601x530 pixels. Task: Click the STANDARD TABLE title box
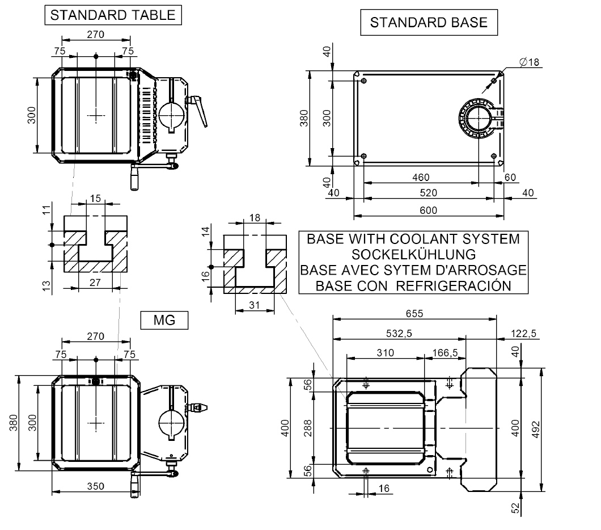point(113,16)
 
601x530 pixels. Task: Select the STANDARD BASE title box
point(428,23)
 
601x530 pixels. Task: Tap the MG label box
point(164,321)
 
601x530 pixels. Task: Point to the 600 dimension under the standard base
point(428,210)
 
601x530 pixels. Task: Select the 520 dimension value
point(428,193)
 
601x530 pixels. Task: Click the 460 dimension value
point(420,177)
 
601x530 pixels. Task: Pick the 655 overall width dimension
point(414,313)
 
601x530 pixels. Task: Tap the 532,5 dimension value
point(398,334)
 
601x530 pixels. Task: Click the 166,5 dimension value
point(445,352)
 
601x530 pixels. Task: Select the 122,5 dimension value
point(522,334)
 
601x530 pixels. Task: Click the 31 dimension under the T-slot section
point(255,305)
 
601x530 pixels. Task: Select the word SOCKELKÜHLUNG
point(413,254)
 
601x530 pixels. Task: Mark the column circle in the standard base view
point(478,119)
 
